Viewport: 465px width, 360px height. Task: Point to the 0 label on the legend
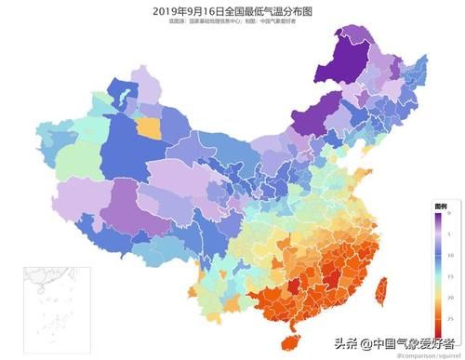point(449,214)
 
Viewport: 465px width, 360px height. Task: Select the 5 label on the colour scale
point(449,233)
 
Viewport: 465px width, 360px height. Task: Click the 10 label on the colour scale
point(449,255)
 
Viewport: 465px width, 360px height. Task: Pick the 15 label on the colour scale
point(449,276)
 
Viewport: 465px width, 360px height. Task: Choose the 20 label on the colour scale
point(449,297)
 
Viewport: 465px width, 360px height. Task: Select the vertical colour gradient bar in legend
point(438,266)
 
